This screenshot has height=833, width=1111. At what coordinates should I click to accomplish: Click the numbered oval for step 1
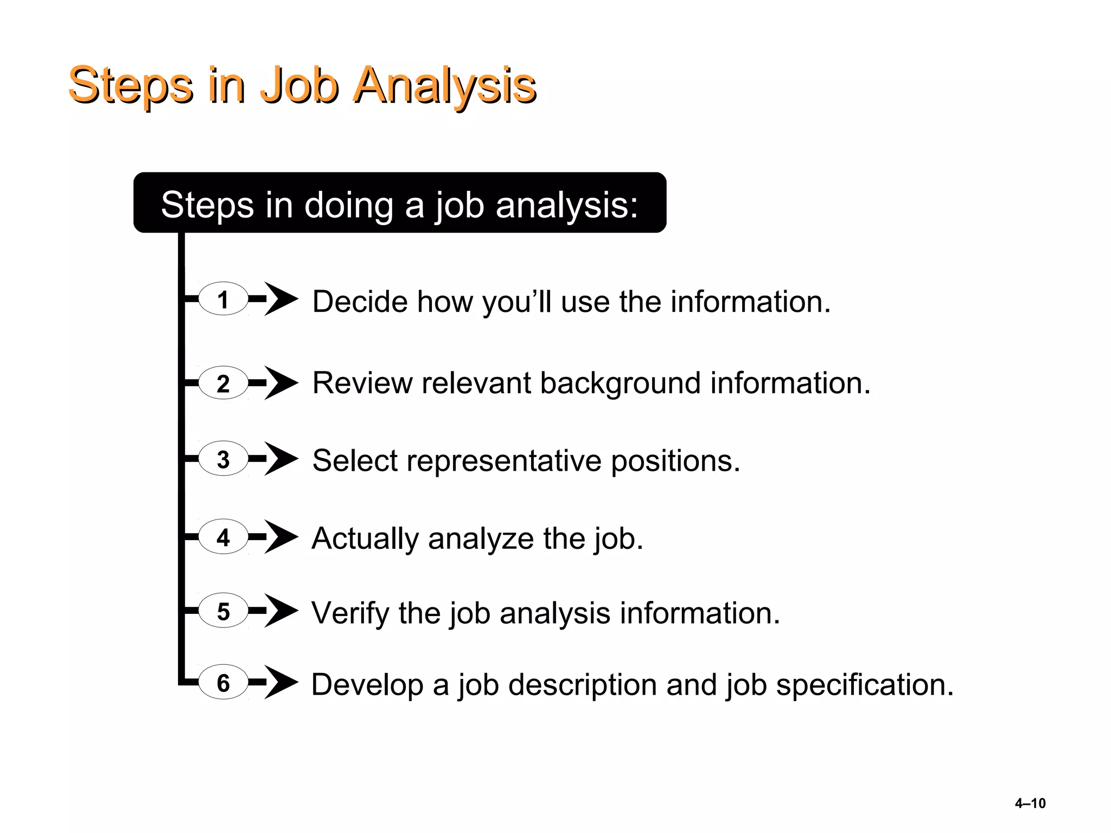[223, 299]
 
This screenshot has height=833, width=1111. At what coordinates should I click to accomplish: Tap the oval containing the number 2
[223, 383]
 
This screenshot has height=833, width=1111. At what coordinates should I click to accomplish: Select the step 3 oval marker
[223, 459]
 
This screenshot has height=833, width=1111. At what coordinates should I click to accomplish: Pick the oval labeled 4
[223, 537]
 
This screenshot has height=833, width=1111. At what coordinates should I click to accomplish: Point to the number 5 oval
[223, 611]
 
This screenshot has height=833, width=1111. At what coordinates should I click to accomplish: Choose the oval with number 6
[223, 682]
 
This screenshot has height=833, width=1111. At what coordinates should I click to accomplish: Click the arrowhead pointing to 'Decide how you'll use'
[280, 299]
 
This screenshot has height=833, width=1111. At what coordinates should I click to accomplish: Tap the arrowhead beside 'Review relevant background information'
[280, 383]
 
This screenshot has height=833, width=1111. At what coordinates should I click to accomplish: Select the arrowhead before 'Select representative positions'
[280, 459]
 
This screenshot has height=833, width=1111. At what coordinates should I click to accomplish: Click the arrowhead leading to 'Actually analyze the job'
[280, 537]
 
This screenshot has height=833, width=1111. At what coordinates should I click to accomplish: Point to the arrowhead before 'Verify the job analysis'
[280, 611]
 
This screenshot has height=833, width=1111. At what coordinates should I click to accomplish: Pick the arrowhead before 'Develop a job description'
[280, 682]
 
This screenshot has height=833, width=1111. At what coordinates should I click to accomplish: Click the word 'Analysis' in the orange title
[444, 86]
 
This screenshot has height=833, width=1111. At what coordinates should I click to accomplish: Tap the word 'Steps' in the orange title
[130, 86]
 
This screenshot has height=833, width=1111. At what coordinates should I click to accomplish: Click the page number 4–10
[1030, 803]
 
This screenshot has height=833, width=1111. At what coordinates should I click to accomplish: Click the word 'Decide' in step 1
[360, 302]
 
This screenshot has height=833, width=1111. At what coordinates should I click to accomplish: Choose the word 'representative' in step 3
[504, 462]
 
